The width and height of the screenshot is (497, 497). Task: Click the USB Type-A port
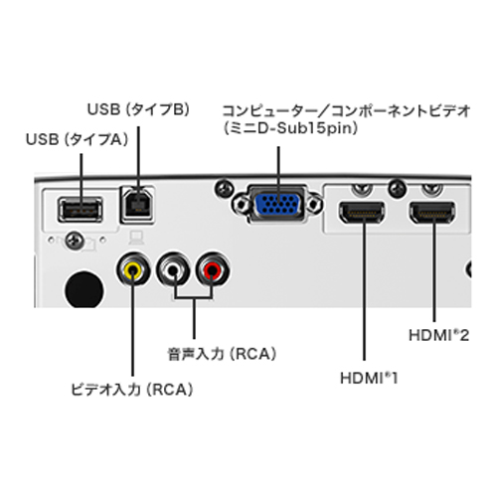click(81, 210)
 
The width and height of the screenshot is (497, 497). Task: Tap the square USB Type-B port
click(138, 205)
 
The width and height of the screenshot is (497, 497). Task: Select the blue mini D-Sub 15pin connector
click(278, 205)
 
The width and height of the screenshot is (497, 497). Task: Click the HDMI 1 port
click(361, 212)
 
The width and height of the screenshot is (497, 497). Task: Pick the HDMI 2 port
click(432, 212)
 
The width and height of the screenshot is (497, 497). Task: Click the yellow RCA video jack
click(132, 270)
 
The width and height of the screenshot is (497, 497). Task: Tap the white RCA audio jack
click(173, 270)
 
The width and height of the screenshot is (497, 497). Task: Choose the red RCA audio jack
click(213, 270)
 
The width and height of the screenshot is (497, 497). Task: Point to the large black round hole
click(84, 289)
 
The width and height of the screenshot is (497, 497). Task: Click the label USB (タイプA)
click(77, 139)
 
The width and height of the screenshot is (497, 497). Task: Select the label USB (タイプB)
click(138, 109)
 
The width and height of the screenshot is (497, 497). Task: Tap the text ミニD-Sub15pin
click(290, 128)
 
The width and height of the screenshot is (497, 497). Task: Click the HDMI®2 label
click(439, 335)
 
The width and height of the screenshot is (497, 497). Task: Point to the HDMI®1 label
click(369, 378)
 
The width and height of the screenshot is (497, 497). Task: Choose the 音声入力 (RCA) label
click(222, 354)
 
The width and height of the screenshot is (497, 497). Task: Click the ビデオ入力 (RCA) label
click(132, 390)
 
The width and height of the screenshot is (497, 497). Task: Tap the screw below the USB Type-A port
click(75, 241)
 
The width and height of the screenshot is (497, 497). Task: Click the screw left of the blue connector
click(225, 189)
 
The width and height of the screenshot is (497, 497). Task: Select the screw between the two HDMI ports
click(397, 189)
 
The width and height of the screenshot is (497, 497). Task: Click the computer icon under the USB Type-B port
click(136, 238)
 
